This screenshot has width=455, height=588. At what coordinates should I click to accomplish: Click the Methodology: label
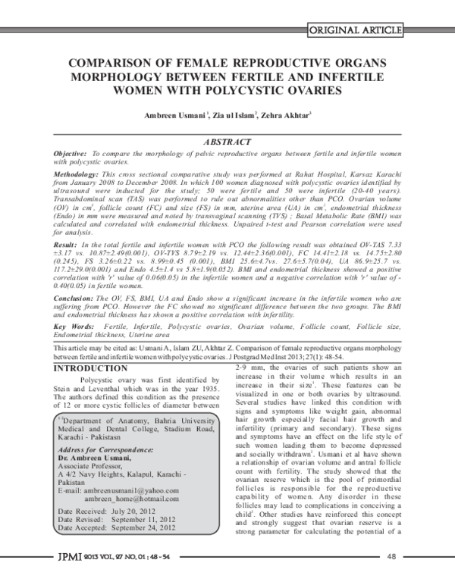click(x=77, y=174)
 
